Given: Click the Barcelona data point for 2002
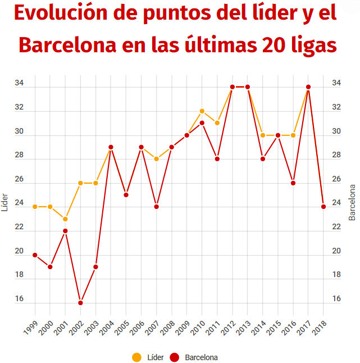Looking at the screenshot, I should (80, 303).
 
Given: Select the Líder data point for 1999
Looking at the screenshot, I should (35, 207).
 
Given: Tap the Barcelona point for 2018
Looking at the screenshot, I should (323, 207).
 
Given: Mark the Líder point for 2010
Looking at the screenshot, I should (202, 111).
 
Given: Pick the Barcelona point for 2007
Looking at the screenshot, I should (157, 207).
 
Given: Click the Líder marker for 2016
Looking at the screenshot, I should (293, 135).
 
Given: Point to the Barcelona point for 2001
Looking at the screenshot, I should (65, 231).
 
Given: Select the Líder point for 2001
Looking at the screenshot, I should (65, 219).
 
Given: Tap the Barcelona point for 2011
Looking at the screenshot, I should (217, 159).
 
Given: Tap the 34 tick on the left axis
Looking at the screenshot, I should (19, 84).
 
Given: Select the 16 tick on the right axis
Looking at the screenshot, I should (336, 299).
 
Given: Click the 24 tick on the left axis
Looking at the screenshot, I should (19, 203).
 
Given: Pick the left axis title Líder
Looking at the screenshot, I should (5, 199).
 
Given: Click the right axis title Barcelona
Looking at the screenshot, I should (353, 202).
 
